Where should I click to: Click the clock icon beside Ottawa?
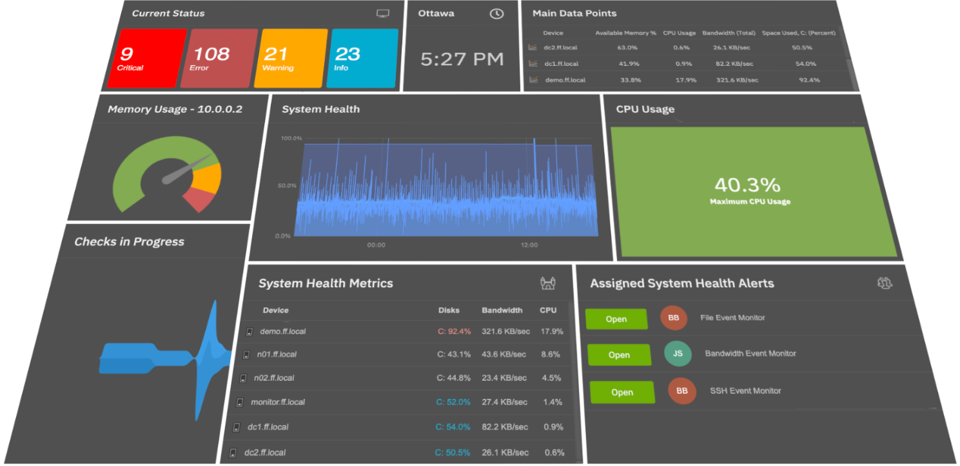[x=496, y=14]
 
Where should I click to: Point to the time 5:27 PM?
[x=462, y=59]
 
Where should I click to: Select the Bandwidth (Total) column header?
[x=729, y=33]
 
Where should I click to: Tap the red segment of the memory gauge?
[x=200, y=199]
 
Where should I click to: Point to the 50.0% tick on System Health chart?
[x=286, y=186]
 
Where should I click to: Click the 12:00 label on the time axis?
[x=529, y=245]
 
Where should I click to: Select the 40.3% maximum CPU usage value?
[x=747, y=185]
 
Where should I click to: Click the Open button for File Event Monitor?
[x=616, y=319]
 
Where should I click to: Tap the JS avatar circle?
[x=678, y=354]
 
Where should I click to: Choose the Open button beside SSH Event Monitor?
[x=622, y=392]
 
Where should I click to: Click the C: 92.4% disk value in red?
[x=454, y=331]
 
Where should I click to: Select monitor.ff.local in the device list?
[x=278, y=402]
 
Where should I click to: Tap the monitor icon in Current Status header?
[x=382, y=14]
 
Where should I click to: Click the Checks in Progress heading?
[x=129, y=242]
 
